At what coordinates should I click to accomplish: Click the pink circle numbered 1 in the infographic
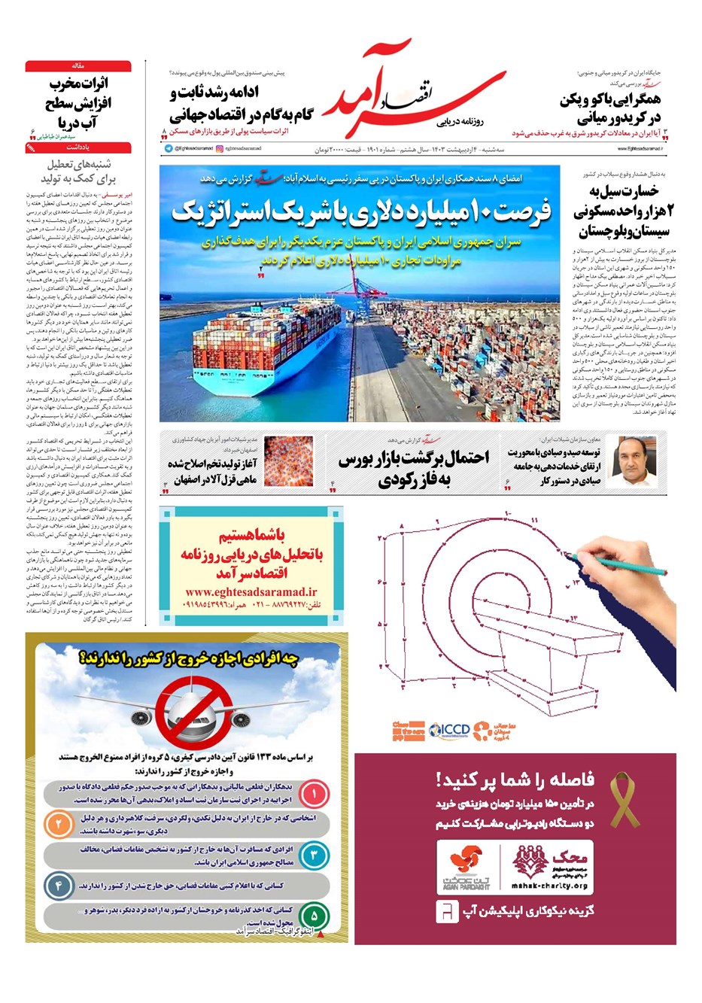pyautogui.click(x=315, y=793)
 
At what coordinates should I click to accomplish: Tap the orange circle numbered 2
pyautogui.click(x=58, y=824)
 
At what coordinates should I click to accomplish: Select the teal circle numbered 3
pyautogui.click(x=315, y=855)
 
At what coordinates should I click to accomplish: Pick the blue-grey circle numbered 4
pyautogui.click(x=58, y=885)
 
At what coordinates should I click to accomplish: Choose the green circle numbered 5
pyautogui.click(x=315, y=916)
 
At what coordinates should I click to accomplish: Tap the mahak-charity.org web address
pyautogui.click(x=549, y=886)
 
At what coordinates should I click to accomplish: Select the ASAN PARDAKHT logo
pyautogui.click(x=465, y=869)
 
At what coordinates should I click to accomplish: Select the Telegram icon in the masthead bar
pyautogui.click(x=169, y=149)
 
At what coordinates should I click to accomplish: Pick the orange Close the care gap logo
pyautogui.click(x=408, y=729)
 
